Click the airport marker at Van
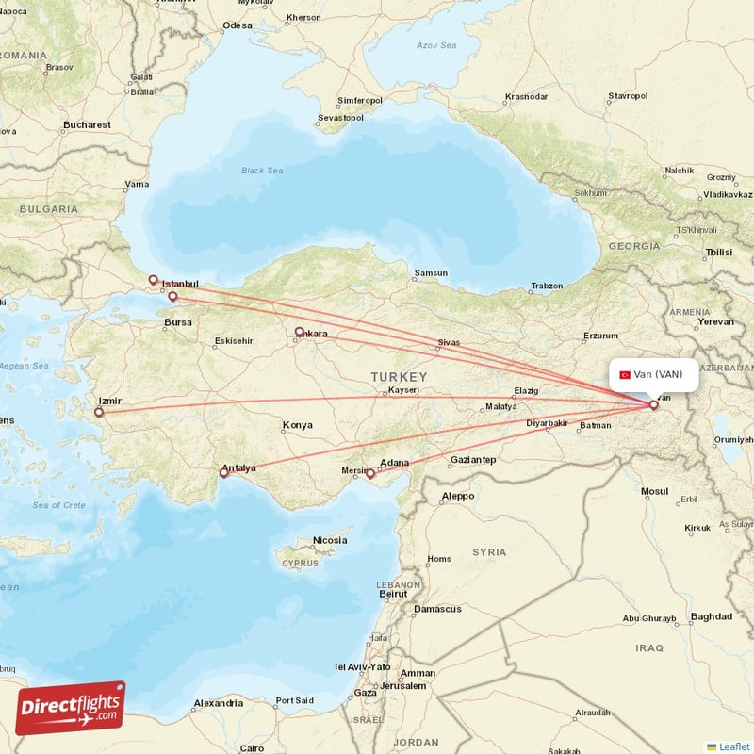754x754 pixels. coord(653,405)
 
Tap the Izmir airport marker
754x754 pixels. coord(99,412)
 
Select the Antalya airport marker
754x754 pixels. coord(224,472)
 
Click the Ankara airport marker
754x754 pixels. coord(300,332)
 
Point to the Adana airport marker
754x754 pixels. coord(370,474)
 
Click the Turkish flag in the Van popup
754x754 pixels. coord(624,374)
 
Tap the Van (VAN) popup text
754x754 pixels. coord(658,374)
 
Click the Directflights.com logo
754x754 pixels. coord(70,708)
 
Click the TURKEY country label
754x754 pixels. coord(398,376)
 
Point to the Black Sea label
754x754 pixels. coord(261,171)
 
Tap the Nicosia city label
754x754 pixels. coord(330,540)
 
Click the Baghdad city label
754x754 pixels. coord(711,616)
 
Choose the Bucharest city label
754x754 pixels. coord(87,124)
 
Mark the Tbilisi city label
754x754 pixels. coord(718,253)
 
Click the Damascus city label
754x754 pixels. coord(437,609)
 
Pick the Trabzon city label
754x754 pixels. coord(547,286)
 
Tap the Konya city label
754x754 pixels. coord(297,425)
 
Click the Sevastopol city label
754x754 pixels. coord(340,118)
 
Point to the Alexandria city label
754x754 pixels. coord(218,703)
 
